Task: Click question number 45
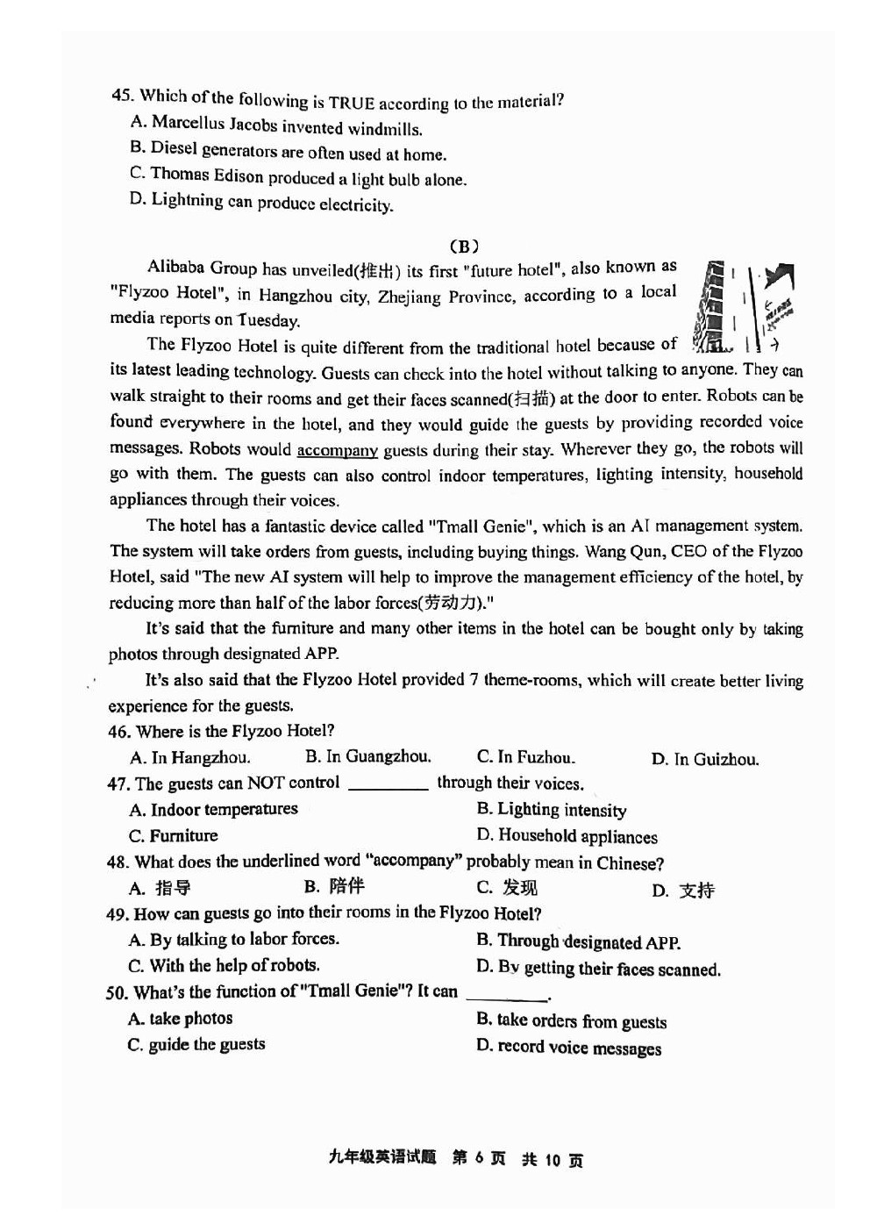pyautogui.click(x=122, y=95)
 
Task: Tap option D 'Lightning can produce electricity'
pyautogui.click(x=261, y=203)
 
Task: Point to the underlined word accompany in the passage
pyautogui.click(x=337, y=450)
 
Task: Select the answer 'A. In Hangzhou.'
pyautogui.click(x=190, y=757)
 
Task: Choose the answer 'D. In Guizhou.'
pyautogui.click(x=704, y=760)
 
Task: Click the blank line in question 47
pyautogui.click(x=388, y=785)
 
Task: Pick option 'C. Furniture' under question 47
pyautogui.click(x=174, y=836)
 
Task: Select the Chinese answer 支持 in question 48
pyautogui.click(x=696, y=891)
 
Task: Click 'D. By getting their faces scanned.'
pyautogui.click(x=598, y=969)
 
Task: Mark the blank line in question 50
pyautogui.click(x=507, y=997)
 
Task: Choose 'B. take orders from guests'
pyautogui.click(x=571, y=1020)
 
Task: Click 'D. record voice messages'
pyautogui.click(x=568, y=1048)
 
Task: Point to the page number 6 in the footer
pyautogui.click(x=479, y=1158)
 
